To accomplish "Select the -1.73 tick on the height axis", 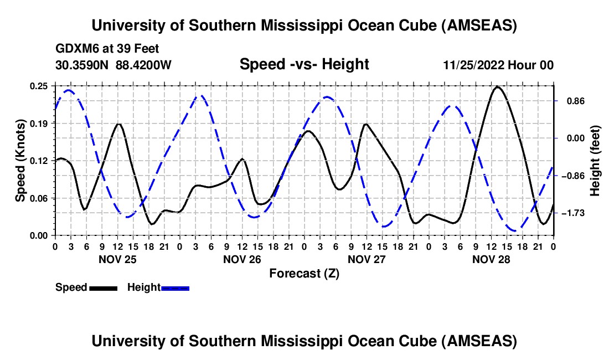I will (x=572, y=213).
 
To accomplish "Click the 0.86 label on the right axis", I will (x=571, y=101).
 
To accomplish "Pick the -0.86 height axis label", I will (x=572, y=176).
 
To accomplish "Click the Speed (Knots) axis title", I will (x=20, y=161).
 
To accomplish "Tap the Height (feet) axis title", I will (x=595, y=161).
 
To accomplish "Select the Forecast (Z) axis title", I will (x=304, y=273).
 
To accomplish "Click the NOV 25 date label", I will (x=117, y=259).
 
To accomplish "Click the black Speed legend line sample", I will (x=103, y=288).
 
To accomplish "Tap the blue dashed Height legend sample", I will (x=175, y=288).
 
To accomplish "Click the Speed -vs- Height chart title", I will (x=304, y=65).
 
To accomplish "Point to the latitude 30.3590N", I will (x=82, y=65).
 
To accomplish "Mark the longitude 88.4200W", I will (x=144, y=65).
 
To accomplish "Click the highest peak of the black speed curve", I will (x=498, y=87).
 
